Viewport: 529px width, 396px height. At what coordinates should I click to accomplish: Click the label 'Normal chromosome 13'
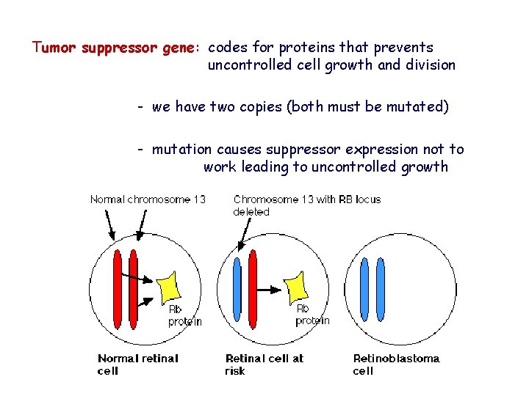148,199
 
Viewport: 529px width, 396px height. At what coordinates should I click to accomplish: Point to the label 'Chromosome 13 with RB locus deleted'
306,205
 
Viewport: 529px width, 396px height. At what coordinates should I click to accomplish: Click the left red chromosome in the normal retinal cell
118,289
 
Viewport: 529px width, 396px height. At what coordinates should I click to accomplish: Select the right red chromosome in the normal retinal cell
133,289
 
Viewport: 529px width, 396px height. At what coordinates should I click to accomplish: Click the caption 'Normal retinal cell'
137,364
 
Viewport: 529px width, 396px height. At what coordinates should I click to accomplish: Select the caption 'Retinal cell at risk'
264,364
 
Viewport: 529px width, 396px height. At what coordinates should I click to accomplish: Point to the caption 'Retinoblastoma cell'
396,364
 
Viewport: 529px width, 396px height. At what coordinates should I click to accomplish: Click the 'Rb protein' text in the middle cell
312,315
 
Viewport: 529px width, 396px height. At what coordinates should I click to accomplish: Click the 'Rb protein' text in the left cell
184,315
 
